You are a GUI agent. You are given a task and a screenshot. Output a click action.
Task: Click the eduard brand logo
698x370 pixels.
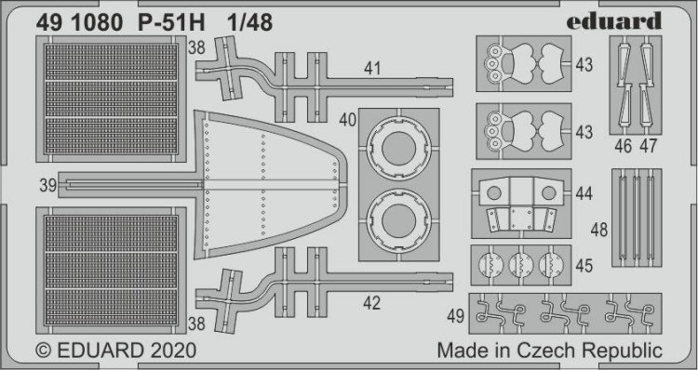(614, 20)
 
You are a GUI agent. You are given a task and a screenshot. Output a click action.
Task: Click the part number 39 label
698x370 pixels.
(48, 185)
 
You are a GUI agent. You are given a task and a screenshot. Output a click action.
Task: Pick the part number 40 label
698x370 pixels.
(348, 120)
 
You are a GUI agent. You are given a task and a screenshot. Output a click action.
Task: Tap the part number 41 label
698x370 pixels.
(372, 69)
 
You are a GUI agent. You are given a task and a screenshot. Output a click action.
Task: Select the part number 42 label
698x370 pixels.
(371, 303)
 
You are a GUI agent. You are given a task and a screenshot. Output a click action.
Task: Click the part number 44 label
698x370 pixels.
(584, 193)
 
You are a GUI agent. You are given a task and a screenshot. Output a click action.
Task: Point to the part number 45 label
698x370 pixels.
(584, 266)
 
